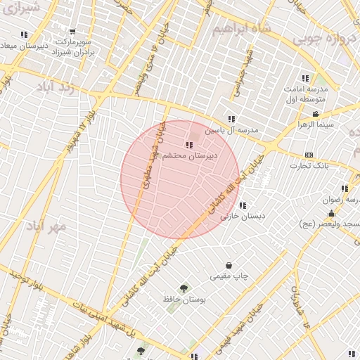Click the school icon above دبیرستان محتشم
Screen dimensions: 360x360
click(189, 145)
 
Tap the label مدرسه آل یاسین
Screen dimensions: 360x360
click(232, 131)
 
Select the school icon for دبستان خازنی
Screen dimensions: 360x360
click(243, 205)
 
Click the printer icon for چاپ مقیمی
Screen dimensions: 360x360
click(229, 265)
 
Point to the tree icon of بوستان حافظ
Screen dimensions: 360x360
click(184, 288)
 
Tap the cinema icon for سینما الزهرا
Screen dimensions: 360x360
click(316, 114)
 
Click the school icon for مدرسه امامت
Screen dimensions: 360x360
click(305, 78)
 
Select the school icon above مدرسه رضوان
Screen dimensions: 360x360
click(345, 188)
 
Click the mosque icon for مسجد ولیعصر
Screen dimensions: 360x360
click(331, 213)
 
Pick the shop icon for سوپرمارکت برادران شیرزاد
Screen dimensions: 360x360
click(72, 32)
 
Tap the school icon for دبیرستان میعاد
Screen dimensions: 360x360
click(25, 34)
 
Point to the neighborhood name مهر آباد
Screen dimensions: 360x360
click(46, 226)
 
